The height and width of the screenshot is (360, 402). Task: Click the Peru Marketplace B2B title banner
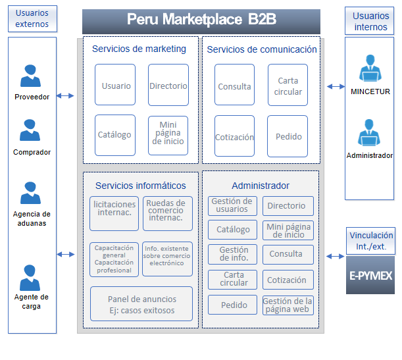201,20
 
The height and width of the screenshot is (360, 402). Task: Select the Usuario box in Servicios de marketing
115,85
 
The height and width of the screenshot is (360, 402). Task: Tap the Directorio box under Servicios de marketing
168,85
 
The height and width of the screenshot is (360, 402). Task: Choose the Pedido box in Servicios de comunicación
288,136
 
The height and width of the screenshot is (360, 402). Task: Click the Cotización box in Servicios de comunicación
234,136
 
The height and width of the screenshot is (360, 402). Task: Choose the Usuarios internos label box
370,21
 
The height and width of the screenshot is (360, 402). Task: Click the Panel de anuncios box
141,304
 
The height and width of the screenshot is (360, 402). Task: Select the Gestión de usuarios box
232,206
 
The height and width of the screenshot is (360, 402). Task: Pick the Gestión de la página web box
288,305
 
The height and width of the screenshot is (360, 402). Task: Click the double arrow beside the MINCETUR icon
336,86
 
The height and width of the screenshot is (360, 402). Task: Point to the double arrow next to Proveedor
65,96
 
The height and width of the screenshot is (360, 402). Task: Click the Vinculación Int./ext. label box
371,240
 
